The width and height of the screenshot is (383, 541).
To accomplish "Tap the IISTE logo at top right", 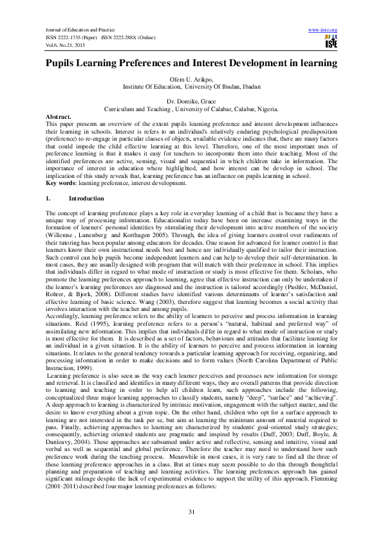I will click(331, 42).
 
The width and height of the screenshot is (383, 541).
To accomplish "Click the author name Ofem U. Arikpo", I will click(191, 78).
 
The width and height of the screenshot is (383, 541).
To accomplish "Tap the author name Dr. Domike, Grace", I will click(191, 102).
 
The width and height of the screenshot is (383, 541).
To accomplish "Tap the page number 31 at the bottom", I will click(191, 511).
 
